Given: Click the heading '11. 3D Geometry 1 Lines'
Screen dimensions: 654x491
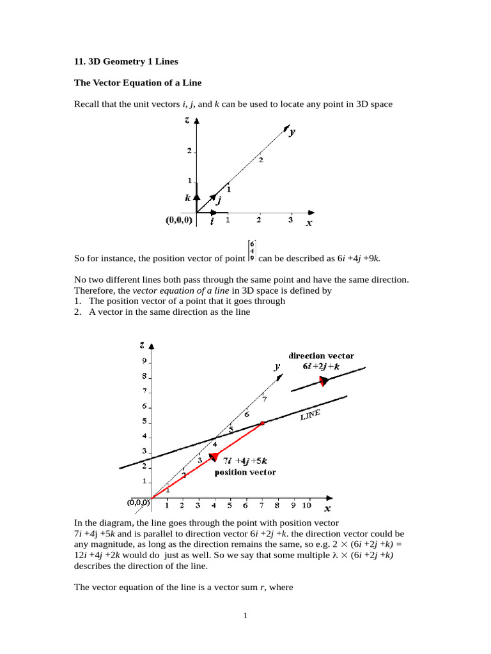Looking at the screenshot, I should (126, 62).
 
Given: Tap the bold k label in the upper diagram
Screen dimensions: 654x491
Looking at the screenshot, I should (188, 198).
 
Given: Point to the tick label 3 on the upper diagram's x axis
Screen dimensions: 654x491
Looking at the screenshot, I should (290, 220).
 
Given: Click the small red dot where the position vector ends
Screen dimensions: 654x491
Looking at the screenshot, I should (262, 423).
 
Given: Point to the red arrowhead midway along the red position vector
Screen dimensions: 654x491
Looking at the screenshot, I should (215, 456).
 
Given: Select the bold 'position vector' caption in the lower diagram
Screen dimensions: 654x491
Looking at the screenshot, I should (245, 472).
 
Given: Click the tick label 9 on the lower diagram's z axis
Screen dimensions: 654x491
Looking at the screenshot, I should (144, 361).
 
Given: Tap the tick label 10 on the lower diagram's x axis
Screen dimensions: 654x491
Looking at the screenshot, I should (306, 506).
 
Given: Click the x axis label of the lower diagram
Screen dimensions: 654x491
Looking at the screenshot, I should (327, 509).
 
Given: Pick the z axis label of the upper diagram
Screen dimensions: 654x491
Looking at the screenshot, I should (187, 120).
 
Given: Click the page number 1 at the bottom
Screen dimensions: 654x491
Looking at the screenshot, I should (245, 616).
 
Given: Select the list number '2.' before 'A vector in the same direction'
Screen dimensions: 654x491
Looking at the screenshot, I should (77, 312).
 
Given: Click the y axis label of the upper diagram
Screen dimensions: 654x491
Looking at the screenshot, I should (292, 132).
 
